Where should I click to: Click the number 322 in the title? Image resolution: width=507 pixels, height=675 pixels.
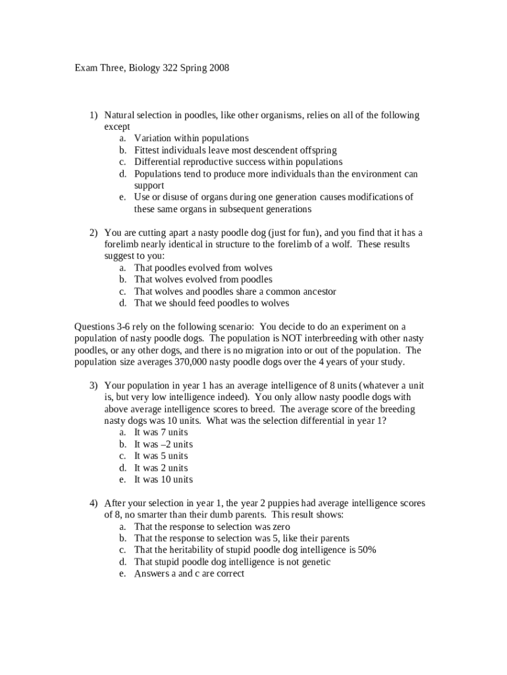[171, 68]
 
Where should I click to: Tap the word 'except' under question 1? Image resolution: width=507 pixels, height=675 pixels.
[117, 127]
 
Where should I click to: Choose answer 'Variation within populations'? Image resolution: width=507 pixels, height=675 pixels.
[191, 138]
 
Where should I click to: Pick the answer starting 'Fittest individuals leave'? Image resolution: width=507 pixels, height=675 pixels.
[226, 150]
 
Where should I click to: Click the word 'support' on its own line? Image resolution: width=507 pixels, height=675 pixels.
[149, 186]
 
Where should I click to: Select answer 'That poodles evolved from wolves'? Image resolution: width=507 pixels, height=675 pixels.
[203, 268]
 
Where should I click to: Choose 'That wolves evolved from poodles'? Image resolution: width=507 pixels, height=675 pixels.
[203, 280]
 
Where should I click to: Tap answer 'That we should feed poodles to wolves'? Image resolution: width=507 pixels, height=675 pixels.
[211, 303]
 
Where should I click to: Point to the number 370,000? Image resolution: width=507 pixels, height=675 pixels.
[194, 363]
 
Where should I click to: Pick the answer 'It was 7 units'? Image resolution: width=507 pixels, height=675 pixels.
[161, 432]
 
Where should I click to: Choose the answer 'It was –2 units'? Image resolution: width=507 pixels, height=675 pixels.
[163, 444]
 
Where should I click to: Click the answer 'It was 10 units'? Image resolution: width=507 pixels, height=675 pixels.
[163, 480]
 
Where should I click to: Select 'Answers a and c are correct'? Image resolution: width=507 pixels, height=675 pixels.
[189, 573]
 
